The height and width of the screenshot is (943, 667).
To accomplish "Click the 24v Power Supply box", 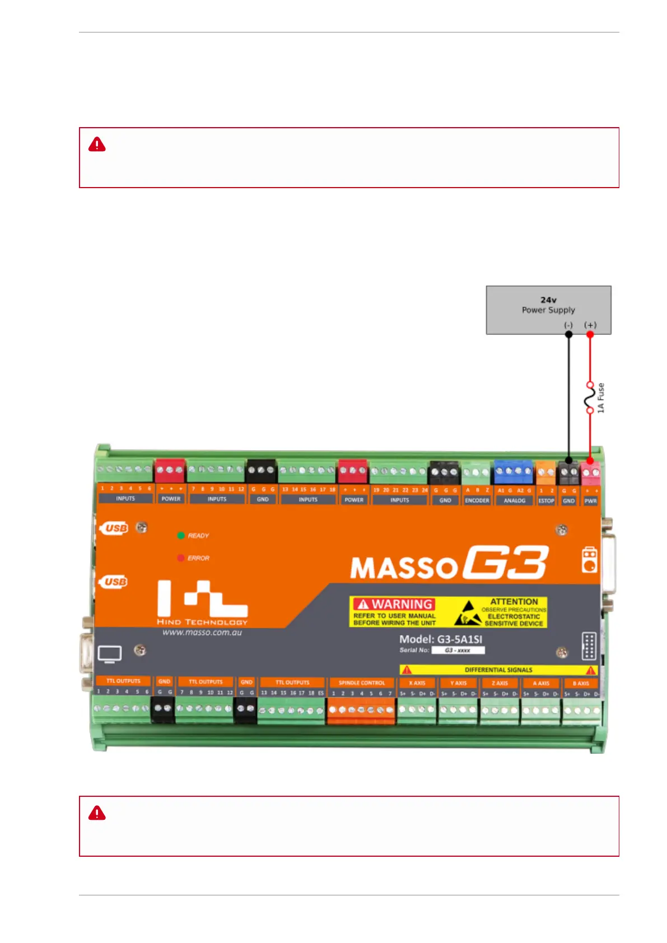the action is click(x=548, y=310).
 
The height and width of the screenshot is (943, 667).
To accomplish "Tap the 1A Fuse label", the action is click(x=601, y=398).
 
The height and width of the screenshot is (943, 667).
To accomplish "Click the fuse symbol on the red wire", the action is click(x=589, y=398).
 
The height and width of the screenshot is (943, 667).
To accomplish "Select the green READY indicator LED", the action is click(x=181, y=535).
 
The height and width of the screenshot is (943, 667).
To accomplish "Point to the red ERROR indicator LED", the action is click(x=181, y=558).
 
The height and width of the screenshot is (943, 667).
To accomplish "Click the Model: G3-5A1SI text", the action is click(x=440, y=639).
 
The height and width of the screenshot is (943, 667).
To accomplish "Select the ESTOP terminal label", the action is click(x=546, y=501).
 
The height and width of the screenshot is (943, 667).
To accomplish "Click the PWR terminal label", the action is click(x=590, y=501).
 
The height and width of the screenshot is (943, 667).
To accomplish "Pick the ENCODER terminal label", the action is click(x=477, y=501).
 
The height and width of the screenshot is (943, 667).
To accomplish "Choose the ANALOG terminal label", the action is click(x=514, y=501).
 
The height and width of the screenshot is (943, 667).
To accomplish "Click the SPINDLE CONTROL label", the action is click(x=362, y=683).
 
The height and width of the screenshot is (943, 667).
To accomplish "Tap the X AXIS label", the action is click(x=417, y=683).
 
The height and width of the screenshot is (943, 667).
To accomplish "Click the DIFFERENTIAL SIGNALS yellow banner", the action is click(x=498, y=670).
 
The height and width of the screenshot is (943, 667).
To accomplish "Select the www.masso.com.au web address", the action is click(x=202, y=632).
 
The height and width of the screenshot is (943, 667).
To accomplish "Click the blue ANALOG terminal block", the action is click(x=513, y=471).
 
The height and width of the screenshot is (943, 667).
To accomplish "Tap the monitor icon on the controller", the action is click(x=110, y=654).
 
